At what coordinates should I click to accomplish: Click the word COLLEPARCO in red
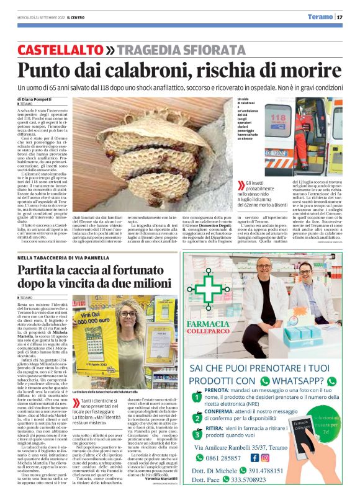coord(212,329)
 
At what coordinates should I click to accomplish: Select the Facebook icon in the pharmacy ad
coord(254,458)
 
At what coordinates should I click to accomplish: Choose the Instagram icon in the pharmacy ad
coord(265,458)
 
